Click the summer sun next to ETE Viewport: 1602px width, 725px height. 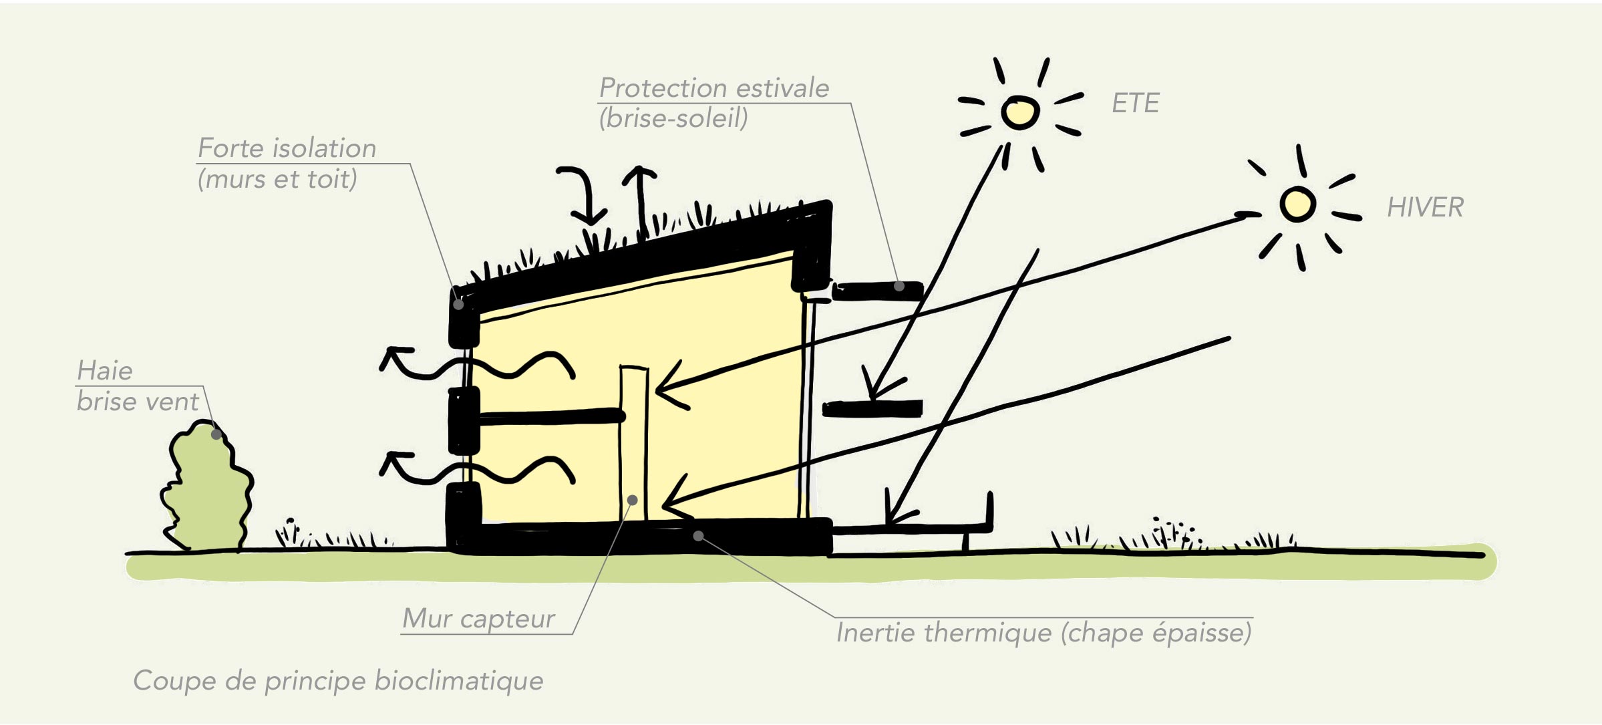(x=1019, y=112)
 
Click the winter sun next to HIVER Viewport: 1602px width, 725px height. (x=1297, y=204)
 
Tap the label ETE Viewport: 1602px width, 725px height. (x=1135, y=104)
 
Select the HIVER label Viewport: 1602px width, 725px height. (x=1425, y=208)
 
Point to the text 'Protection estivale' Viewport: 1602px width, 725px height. (x=713, y=88)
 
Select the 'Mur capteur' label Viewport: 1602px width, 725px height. (x=478, y=619)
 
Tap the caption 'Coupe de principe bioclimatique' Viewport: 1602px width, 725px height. (x=338, y=681)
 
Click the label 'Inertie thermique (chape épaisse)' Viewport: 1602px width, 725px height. (x=1044, y=633)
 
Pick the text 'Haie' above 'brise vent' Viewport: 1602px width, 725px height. (x=105, y=371)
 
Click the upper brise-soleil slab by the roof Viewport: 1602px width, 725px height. (x=877, y=291)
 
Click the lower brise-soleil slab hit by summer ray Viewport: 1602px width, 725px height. (x=872, y=408)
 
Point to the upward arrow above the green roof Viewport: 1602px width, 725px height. (x=640, y=200)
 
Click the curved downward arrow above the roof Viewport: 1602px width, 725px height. (x=585, y=194)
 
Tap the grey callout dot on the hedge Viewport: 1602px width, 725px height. (x=216, y=434)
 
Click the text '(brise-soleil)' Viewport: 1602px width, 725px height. (x=673, y=119)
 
